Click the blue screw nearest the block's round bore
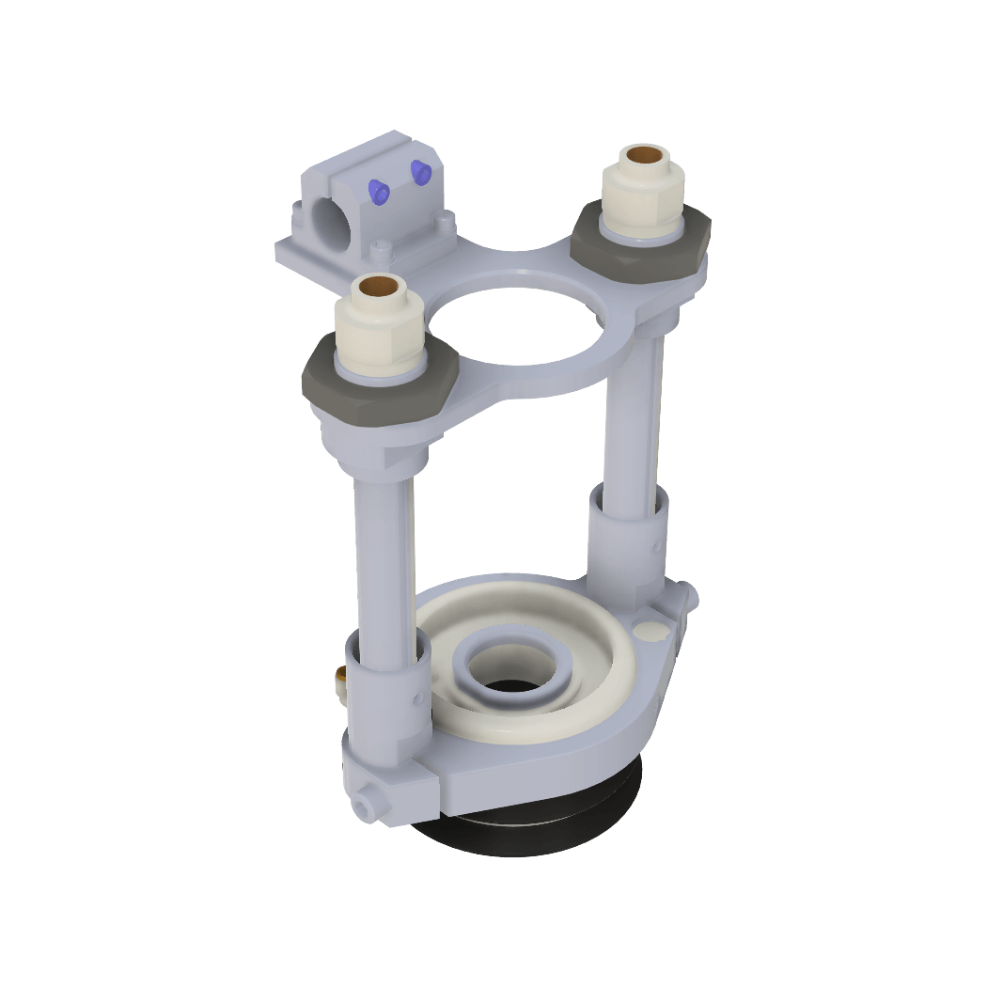(x=378, y=191)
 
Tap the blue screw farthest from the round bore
(x=419, y=170)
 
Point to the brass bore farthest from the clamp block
(x=644, y=153)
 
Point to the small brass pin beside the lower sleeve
(x=341, y=677)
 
